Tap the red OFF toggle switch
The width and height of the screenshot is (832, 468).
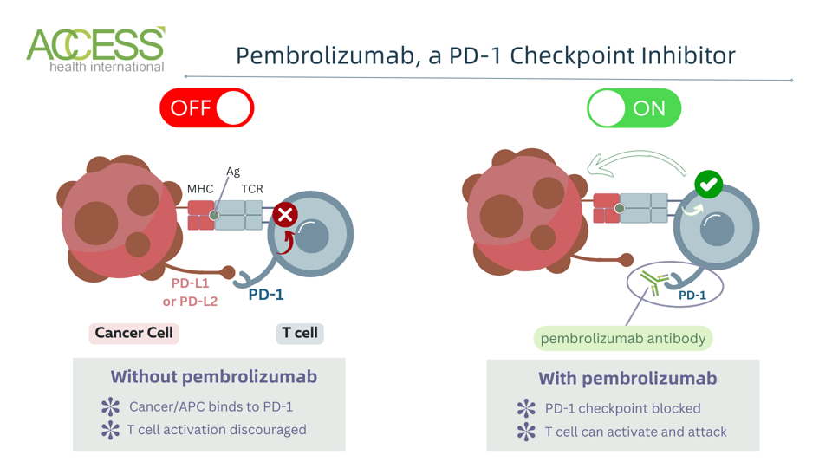click(206, 108)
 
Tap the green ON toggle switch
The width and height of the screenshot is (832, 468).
click(634, 108)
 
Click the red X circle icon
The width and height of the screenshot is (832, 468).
click(284, 214)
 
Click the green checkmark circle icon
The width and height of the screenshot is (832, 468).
click(708, 184)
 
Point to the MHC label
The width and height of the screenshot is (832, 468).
click(199, 189)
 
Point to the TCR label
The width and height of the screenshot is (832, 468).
click(251, 189)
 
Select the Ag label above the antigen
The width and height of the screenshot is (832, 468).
click(232, 172)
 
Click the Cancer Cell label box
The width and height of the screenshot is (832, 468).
click(133, 333)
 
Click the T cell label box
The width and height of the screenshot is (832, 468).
click(300, 333)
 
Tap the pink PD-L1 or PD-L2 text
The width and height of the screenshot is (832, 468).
click(190, 292)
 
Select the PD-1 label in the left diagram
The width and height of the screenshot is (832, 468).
click(266, 295)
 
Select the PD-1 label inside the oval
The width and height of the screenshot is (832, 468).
click(692, 296)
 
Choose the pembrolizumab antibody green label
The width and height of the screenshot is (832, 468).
click(622, 338)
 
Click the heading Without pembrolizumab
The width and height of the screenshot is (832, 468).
click(213, 377)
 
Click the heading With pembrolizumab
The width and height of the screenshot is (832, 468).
click(627, 379)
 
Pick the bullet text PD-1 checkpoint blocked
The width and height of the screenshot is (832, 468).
click(622, 408)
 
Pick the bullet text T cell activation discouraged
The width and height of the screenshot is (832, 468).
click(217, 430)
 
